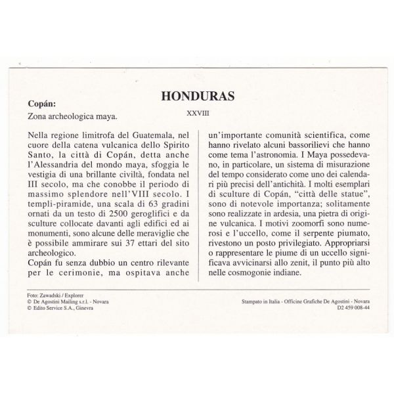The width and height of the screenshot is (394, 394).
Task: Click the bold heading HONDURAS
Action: (198, 97)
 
